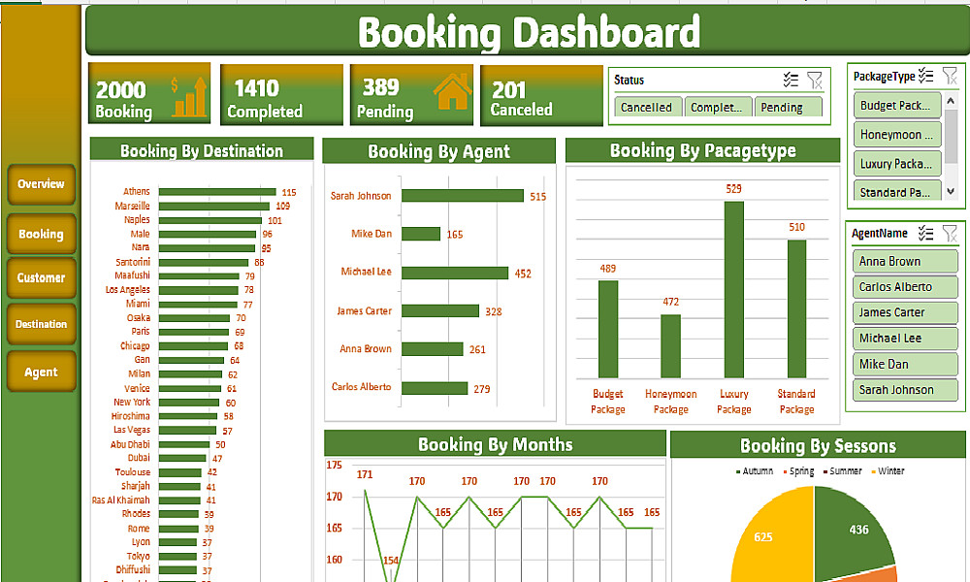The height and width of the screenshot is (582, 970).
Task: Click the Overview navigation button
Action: point(41,184)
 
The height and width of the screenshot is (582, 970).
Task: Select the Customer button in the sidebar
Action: point(41,278)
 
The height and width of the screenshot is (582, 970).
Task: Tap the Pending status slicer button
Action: point(788,108)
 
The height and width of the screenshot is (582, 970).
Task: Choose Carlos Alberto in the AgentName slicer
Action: point(904,287)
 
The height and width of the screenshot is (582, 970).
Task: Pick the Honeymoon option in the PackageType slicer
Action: point(898,135)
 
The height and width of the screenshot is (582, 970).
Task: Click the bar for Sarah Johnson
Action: point(463,196)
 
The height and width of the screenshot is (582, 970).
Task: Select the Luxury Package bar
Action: point(733,289)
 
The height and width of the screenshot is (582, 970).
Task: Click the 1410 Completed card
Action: point(281,95)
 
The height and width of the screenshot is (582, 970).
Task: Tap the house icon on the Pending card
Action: point(452,91)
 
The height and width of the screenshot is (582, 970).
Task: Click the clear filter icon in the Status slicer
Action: point(815,81)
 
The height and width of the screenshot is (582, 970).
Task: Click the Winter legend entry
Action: point(889,471)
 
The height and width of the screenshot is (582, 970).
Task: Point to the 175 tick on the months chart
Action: point(335,466)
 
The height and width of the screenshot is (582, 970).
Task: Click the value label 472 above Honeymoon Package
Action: point(670,302)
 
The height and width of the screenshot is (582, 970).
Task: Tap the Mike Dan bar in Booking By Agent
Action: point(421,234)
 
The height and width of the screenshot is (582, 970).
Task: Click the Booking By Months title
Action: point(495,445)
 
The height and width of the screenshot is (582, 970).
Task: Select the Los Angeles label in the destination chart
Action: point(127,290)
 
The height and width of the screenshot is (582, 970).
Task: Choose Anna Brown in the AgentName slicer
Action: point(904,262)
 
